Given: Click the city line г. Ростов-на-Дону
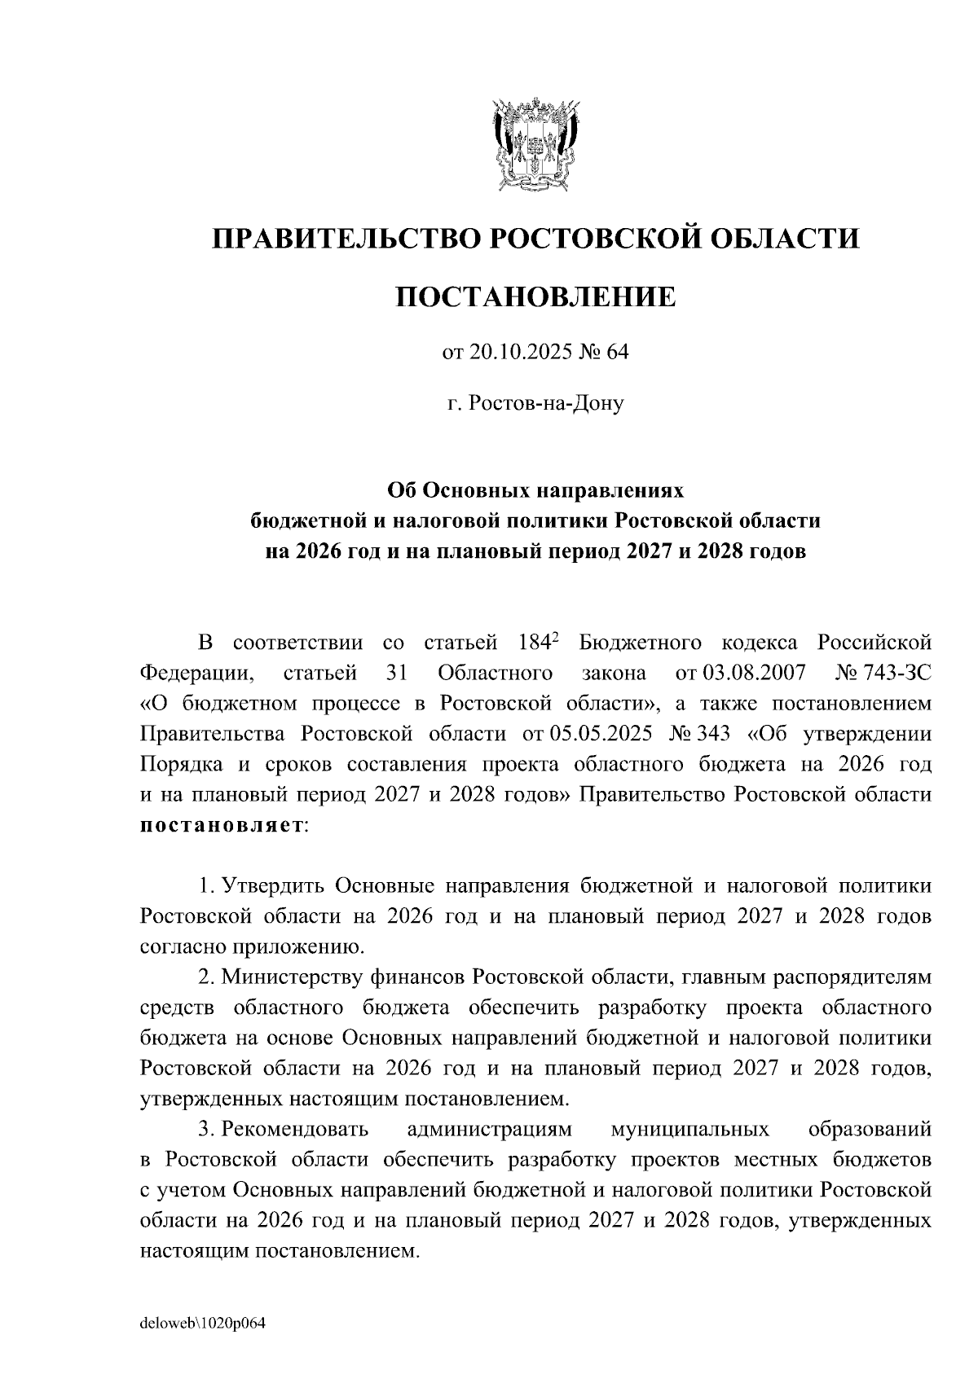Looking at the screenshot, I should click(535, 402).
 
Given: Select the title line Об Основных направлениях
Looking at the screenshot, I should click(535, 490).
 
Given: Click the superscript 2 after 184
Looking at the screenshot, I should click(555, 637).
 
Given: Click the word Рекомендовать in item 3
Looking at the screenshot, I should click(295, 1130).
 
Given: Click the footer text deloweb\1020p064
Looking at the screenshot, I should click(204, 1324).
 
